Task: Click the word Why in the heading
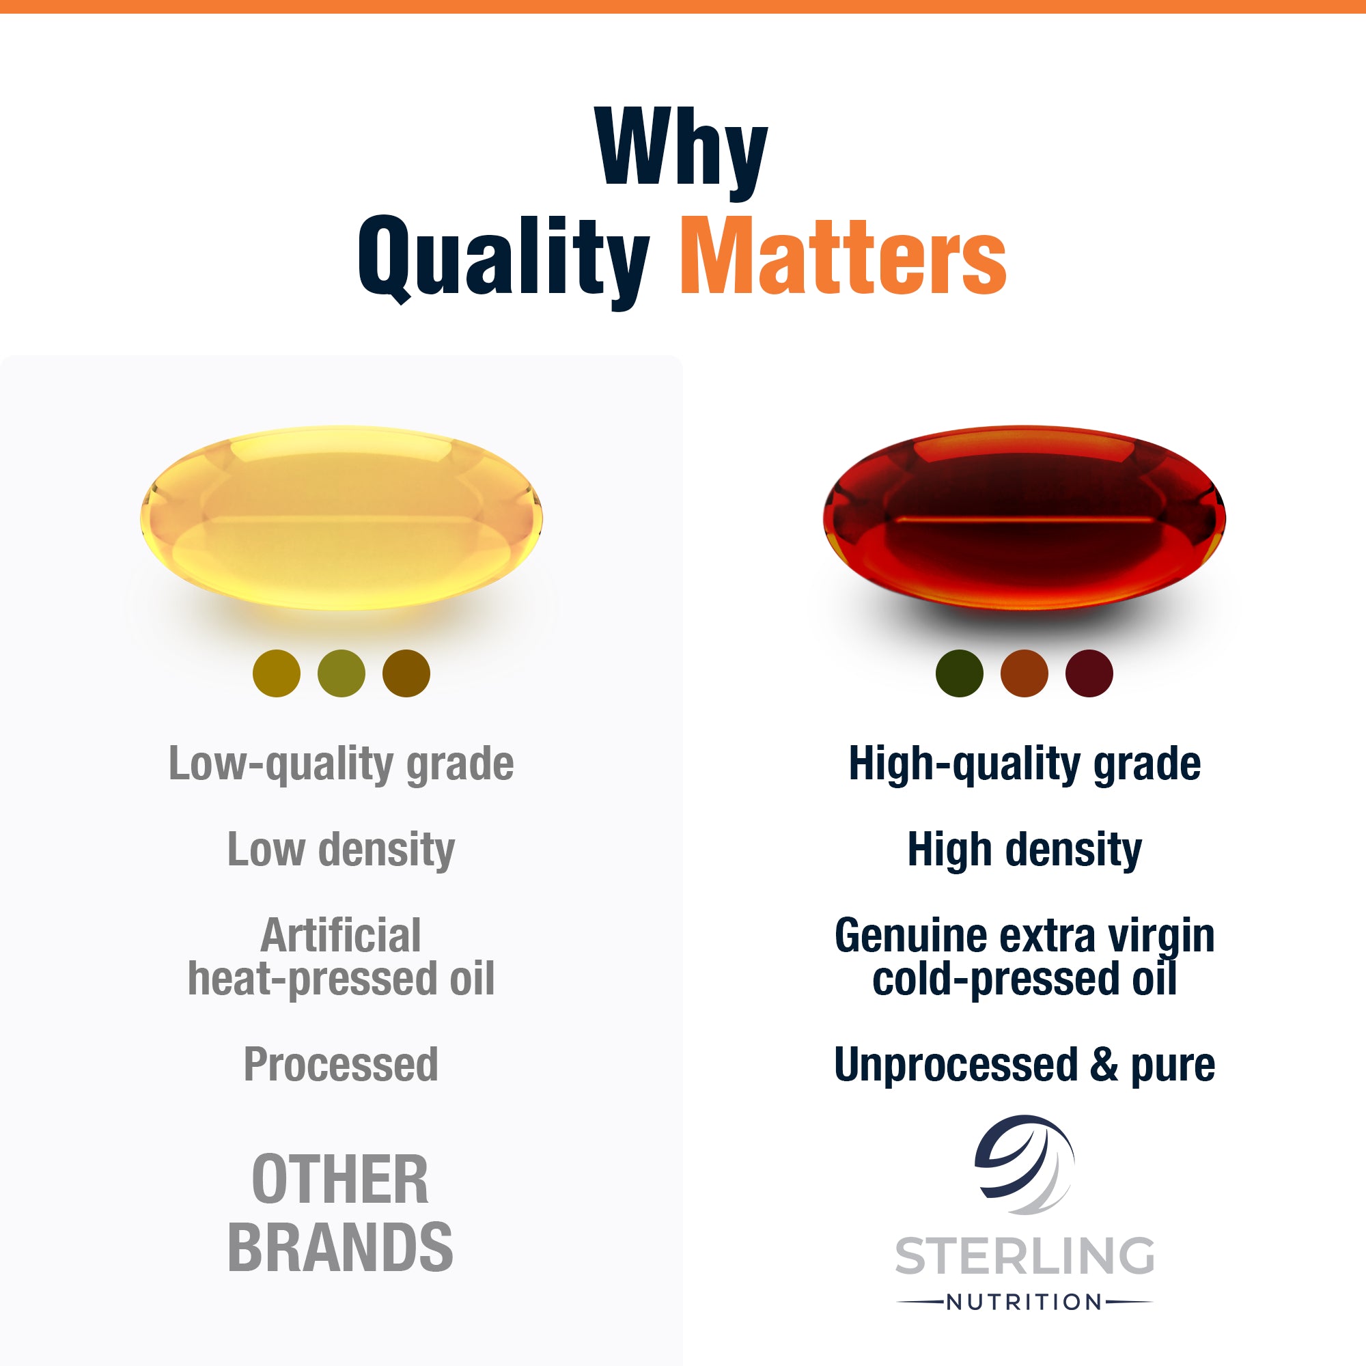click(682, 152)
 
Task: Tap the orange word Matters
click(844, 255)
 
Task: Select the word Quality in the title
click(504, 262)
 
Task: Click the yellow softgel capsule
click(341, 518)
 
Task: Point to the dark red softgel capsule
click(1024, 518)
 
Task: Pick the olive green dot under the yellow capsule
click(341, 673)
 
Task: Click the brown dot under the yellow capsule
click(406, 673)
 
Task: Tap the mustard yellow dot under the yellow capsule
click(277, 673)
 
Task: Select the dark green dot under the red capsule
click(960, 673)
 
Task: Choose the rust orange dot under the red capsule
click(1024, 673)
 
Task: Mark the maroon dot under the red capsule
click(1089, 673)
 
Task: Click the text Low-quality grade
click(341, 765)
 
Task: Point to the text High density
click(1024, 850)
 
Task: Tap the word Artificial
click(341, 936)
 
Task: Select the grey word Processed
click(341, 1064)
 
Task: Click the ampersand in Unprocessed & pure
click(1104, 1064)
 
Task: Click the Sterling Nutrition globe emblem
click(1024, 1165)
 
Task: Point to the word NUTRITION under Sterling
click(1024, 1302)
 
